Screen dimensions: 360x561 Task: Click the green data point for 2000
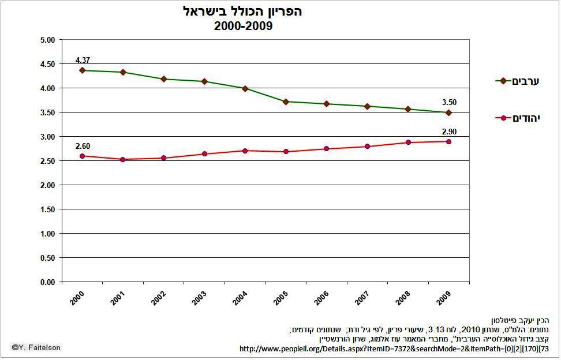pyautogui.click(x=83, y=70)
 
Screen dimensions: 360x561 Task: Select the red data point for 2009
pyautogui.click(x=448, y=141)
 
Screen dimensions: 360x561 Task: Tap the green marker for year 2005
pyautogui.click(x=286, y=102)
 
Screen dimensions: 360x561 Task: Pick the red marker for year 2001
pyautogui.click(x=123, y=159)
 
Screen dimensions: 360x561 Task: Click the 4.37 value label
pyautogui.click(x=83, y=60)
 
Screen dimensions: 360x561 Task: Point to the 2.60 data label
pyautogui.click(x=83, y=146)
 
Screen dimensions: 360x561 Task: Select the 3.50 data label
pyautogui.click(x=448, y=103)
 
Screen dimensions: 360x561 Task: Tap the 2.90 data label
pyautogui.click(x=448, y=132)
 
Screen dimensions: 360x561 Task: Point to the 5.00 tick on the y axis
pyautogui.click(x=47, y=40)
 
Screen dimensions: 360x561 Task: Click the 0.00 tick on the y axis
pyautogui.click(x=47, y=282)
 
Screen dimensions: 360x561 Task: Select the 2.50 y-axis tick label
pyautogui.click(x=47, y=161)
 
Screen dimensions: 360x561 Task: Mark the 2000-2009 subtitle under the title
pyautogui.click(x=243, y=26)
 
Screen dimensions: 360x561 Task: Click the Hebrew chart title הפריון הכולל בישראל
pyautogui.click(x=243, y=12)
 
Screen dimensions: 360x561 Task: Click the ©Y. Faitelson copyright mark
pyautogui.click(x=36, y=347)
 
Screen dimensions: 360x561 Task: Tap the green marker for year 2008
pyautogui.click(x=407, y=109)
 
